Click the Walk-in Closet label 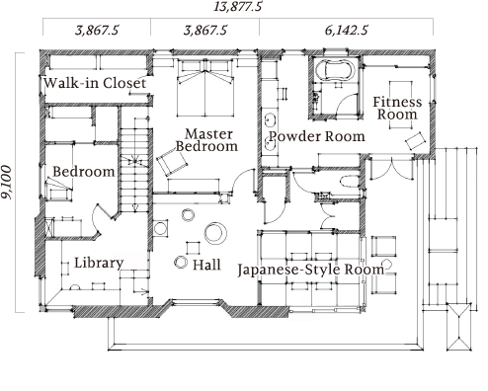tap(95, 83)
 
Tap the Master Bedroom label tap(206, 140)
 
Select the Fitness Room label tap(397, 109)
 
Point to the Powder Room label tap(317, 136)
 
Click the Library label tap(99, 264)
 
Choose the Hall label tap(206, 265)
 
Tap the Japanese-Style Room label tap(311, 270)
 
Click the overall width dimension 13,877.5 tap(238, 7)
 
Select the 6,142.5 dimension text tap(346, 31)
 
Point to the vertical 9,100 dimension tap(7, 182)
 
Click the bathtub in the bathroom tap(334, 70)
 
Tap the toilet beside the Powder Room tap(350, 182)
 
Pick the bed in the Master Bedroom tap(205, 88)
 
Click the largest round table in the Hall tap(215, 233)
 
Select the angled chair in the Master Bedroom tap(172, 161)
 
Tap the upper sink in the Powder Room tap(271, 120)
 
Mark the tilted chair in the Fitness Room tap(416, 141)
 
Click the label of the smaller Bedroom tap(84, 172)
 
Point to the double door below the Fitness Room tap(391, 169)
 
